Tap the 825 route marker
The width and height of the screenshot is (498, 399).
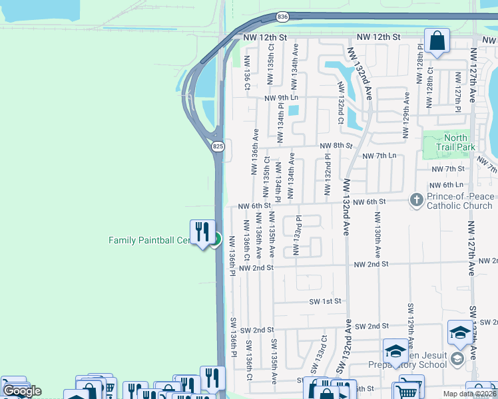coord(218,146)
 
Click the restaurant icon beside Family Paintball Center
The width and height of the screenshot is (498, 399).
coord(201,232)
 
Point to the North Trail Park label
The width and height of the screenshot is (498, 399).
coord(455,141)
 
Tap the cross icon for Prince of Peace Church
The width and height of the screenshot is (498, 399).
coord(416,199)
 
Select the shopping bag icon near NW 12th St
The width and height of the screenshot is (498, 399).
coord(439,41)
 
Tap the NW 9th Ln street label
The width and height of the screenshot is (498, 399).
coord(282,98)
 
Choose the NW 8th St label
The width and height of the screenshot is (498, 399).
coord(336,146)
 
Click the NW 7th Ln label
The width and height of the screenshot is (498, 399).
coord(379,156)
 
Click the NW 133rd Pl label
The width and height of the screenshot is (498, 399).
coord(299,235)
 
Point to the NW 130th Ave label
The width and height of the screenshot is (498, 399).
coord(377,235)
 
